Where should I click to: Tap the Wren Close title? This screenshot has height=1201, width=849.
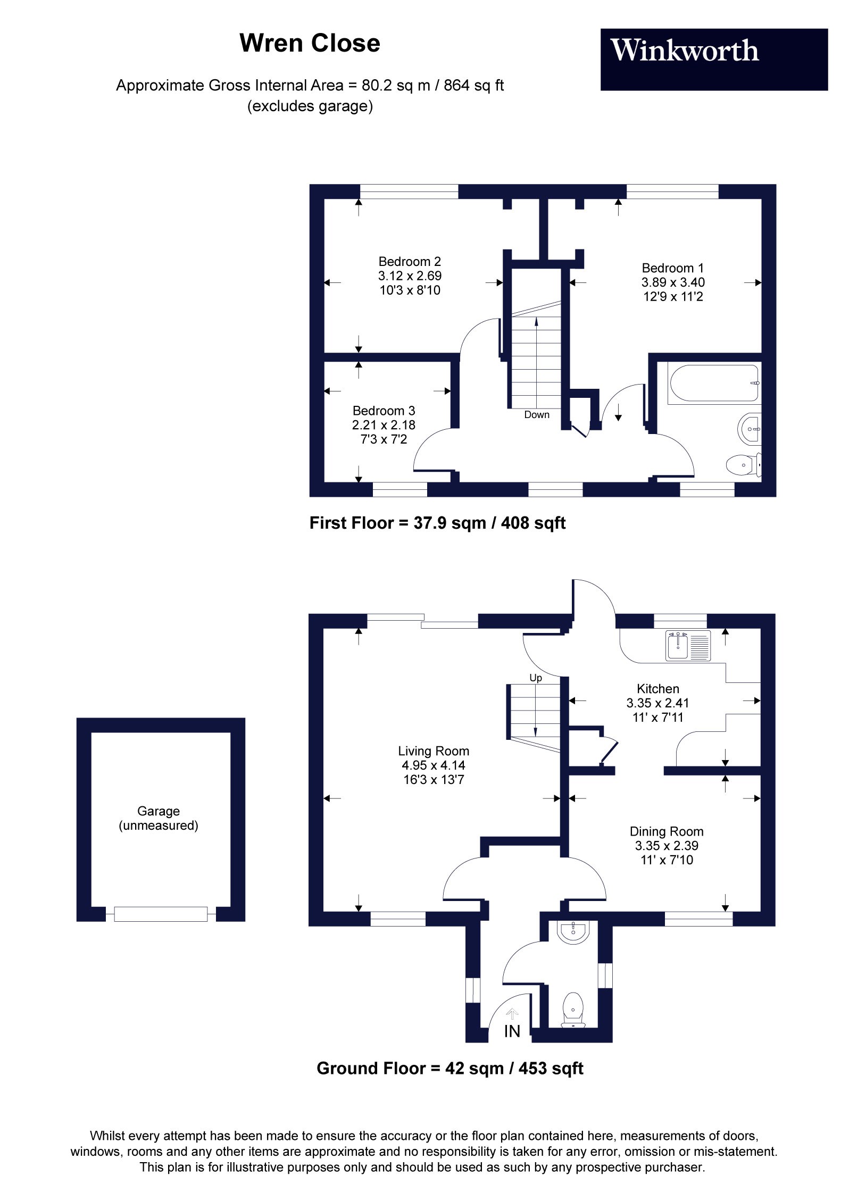(310, 43)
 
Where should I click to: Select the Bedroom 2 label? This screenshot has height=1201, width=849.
(409, 261)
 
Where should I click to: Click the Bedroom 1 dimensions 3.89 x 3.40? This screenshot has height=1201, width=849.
(672, 282)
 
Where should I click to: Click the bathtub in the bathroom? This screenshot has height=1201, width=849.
(714, 383)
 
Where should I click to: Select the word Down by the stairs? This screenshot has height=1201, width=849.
(536, 415)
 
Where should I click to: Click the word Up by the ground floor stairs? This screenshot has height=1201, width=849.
(535, 678)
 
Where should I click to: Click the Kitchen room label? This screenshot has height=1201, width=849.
(657, 688)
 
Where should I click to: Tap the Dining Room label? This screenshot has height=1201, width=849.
(666, 831)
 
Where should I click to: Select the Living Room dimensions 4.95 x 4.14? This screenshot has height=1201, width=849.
(433, 765)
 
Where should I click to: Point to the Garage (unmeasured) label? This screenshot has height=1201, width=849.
(159, 818)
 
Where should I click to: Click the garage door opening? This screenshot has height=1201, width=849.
(161, 914)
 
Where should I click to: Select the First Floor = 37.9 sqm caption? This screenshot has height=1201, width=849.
(437, 523)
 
